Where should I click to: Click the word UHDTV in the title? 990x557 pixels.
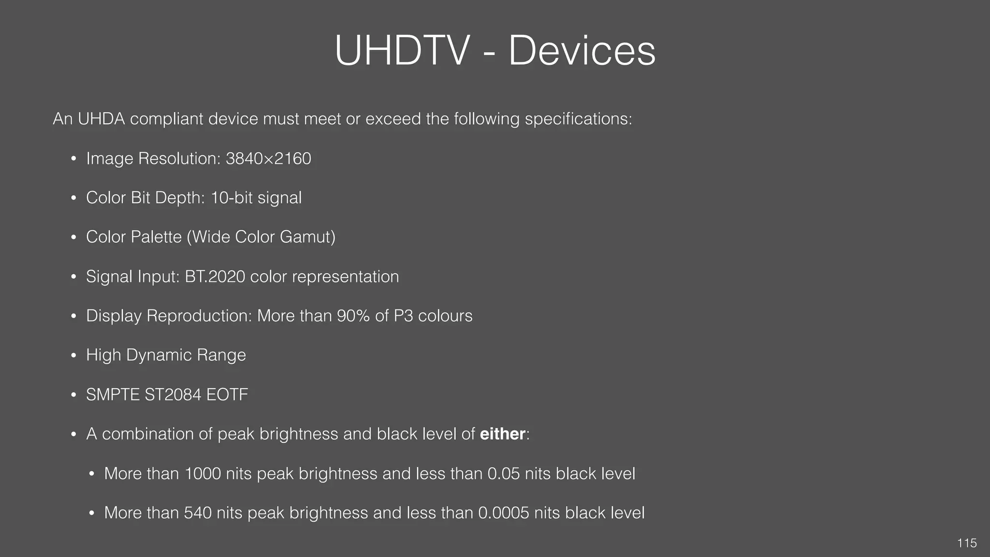(x=402, y=51)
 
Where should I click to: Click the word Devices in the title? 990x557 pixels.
(x=582, y=51)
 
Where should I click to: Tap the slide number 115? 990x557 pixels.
(x=967, y=543)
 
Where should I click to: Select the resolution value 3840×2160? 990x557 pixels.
(x=268, y=159)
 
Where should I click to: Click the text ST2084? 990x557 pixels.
(x=173, y=395)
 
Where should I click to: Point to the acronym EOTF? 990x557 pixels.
(x=227, y=395)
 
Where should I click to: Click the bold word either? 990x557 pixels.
(x=502, y=434)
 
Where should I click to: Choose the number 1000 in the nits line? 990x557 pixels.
(x=203, y=473)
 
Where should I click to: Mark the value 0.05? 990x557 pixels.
(x=504, y=473)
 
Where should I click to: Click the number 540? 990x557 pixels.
(x=198, y=513)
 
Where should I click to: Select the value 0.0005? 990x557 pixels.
(x=503, y=513)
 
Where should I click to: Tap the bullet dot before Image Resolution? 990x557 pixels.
(x=73, y=159)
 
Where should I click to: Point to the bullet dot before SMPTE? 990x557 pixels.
(x=73, y=395)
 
